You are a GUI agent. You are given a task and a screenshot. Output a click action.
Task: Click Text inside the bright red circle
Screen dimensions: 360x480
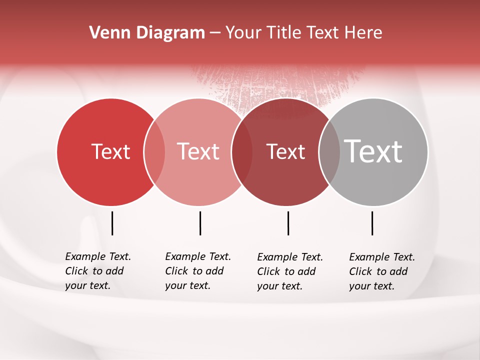[x=110, y=151]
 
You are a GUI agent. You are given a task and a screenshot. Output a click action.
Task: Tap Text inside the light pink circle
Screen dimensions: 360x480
[x=198, y=151]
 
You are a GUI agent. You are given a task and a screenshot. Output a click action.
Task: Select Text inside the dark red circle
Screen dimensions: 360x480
[x=285, y=151]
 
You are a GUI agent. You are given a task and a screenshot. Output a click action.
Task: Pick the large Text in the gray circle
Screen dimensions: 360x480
[x=373, y=151]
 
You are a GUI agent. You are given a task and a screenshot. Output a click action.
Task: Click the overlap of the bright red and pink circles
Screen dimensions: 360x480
[x=154, y=152]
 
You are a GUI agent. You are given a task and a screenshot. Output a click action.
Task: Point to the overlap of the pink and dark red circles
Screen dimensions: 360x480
[x=242, y=152]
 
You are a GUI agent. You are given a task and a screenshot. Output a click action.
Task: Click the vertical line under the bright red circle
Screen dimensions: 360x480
[x=112, y=223]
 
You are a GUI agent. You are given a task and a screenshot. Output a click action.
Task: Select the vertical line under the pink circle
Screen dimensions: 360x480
[x=200, y=223]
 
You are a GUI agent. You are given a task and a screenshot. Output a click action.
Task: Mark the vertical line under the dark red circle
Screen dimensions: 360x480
[x=288, y=223]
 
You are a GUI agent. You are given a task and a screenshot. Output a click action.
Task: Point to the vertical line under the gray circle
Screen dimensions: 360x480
[x=372, y=223]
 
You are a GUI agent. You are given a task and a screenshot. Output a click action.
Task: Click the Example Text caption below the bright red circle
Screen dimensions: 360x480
[x=97, y=271]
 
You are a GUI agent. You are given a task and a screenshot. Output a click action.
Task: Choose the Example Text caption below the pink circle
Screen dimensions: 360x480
[x=197, y=271]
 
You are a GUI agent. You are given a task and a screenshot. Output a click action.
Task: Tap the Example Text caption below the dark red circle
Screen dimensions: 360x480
[x=289, y=271]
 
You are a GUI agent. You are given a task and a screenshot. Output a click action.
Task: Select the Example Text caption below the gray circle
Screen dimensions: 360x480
[x=381, y=271]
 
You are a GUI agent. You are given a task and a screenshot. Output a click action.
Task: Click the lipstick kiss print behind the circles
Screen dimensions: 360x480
[x=280, y=82]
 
